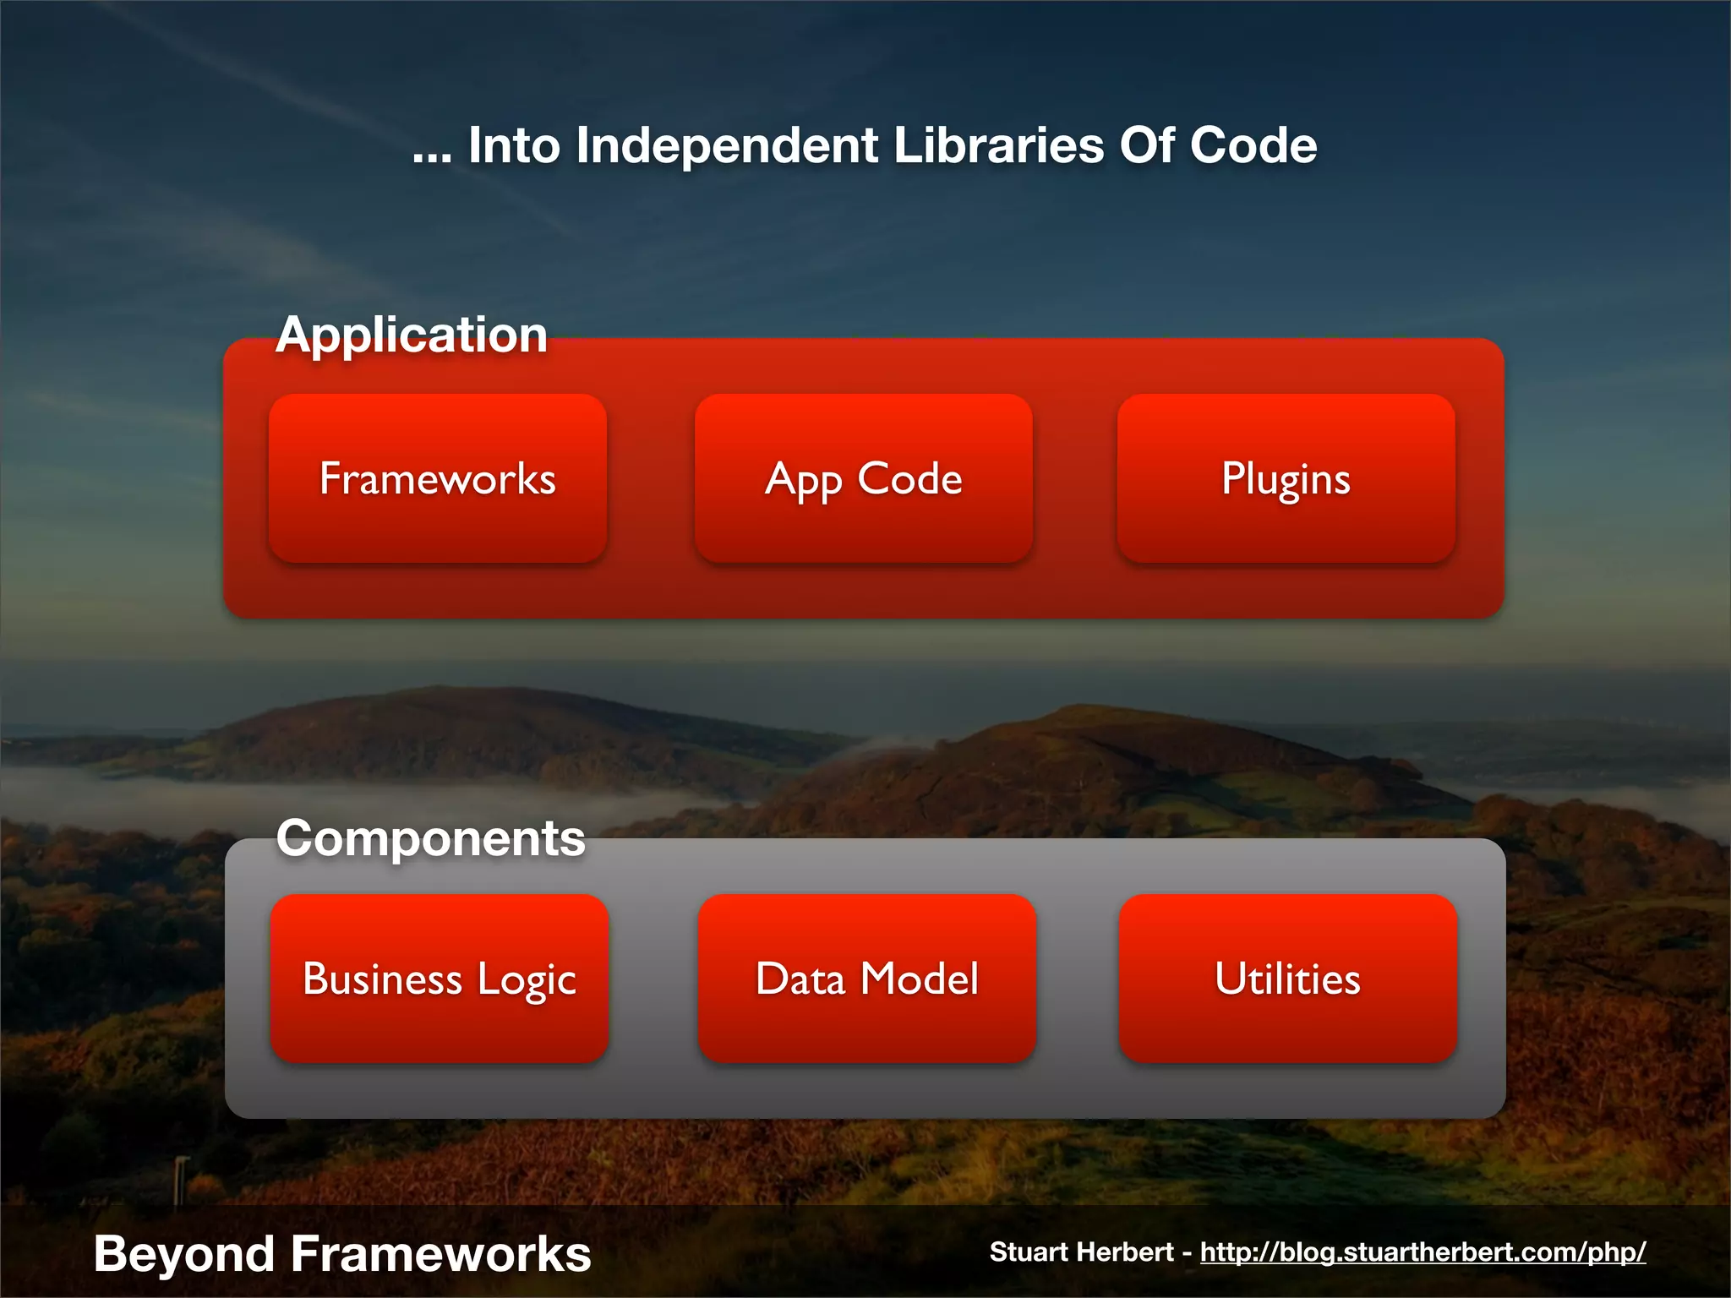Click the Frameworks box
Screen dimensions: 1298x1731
[x=438, y=478]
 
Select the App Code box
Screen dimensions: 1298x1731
[x=863, y=478]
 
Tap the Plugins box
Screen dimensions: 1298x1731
[x=1286, y=478]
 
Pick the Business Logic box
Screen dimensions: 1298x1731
[x=440, y=979]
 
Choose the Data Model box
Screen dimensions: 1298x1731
[x=866, y=979]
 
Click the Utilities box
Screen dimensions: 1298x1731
[x=1287, y=979]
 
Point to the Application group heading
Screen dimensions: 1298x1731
[x=412, y=335]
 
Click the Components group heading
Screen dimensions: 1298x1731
[x=430, y=838]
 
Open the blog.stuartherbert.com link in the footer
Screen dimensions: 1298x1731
[x=1422, y=1252]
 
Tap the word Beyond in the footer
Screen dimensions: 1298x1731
[x=183, y=1253]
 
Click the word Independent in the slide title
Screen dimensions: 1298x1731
[x=727, y=145]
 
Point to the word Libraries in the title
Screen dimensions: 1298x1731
[x=998, y=145]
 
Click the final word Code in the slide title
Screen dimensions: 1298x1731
[x=1253, y=145]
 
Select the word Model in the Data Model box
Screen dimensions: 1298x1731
[x=919, y=979]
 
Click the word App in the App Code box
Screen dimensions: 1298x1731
[x=803, y=480]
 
